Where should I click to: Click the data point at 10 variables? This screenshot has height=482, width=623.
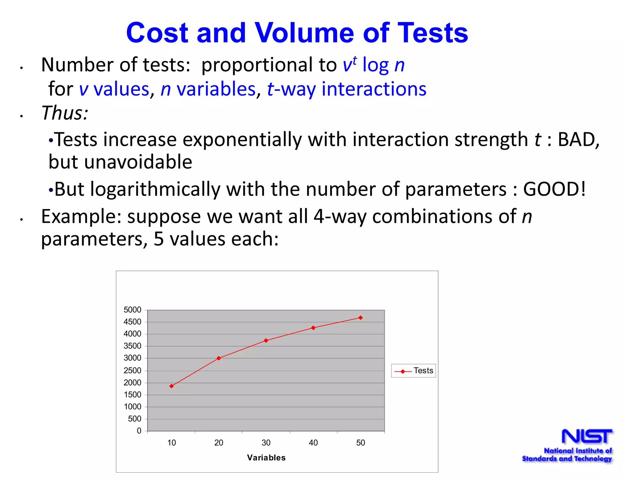click(172, 386)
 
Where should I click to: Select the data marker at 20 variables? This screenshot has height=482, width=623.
click(219, 358)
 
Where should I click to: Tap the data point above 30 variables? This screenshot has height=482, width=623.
click(266, 341)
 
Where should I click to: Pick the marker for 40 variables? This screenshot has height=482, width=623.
click(313, 328)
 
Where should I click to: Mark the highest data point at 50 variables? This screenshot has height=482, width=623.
click(360, 318)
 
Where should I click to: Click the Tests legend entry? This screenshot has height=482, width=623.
click(414, 371)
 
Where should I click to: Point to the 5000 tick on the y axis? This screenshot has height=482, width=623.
click(132, 310)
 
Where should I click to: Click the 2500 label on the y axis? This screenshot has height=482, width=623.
click(132, 370)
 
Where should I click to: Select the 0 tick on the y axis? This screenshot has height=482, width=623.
click(139, 431)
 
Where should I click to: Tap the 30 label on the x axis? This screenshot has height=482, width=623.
click(266, 443)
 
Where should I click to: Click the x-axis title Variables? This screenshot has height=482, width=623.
click(266, 458)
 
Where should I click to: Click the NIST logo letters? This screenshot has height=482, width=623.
click(587, 436)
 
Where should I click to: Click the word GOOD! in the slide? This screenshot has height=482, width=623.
click(554, 189)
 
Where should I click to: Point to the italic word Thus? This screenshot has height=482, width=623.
click(65, 113)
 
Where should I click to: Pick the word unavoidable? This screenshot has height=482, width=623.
click(138, 162)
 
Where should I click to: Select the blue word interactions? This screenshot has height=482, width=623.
click(374, 89)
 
